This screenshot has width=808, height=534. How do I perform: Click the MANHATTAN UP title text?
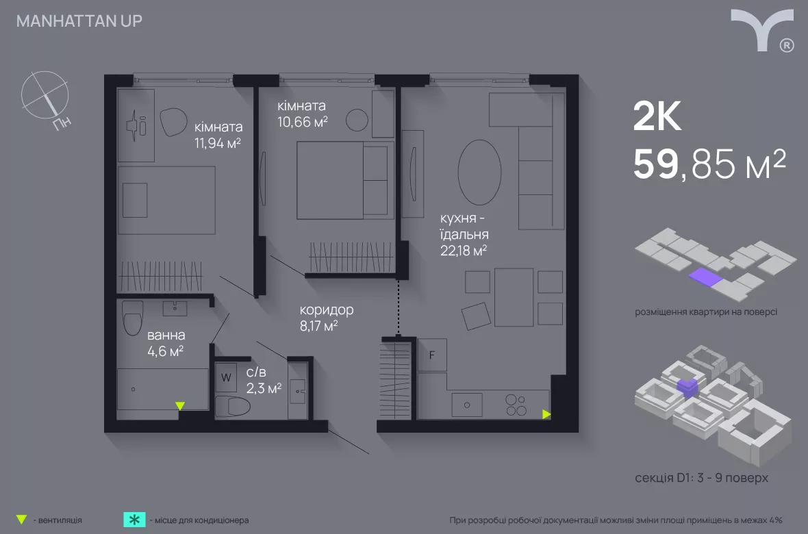79,21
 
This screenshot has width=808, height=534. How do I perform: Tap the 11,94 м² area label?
218,143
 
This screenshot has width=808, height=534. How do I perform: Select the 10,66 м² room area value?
303,122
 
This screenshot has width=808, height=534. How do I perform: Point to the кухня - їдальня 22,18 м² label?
464,234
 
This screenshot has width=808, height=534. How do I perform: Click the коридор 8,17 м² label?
326,318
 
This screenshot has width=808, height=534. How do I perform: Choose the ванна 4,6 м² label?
166,343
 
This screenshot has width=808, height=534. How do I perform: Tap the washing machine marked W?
226,377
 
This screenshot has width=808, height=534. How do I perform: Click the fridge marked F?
432,355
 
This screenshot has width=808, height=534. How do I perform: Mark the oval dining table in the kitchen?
479,172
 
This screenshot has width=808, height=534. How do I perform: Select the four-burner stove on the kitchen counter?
516,405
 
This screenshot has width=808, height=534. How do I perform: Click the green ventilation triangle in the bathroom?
180,406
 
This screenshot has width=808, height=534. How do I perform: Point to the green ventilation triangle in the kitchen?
546,414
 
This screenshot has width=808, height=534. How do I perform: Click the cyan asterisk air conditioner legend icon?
134,520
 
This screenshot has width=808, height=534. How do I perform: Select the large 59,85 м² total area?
709,164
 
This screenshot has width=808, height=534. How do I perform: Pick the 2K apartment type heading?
657,116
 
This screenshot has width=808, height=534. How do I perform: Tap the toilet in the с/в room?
232,406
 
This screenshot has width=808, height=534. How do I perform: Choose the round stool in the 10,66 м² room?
357,120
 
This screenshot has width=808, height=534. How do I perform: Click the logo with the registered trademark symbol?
763,30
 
